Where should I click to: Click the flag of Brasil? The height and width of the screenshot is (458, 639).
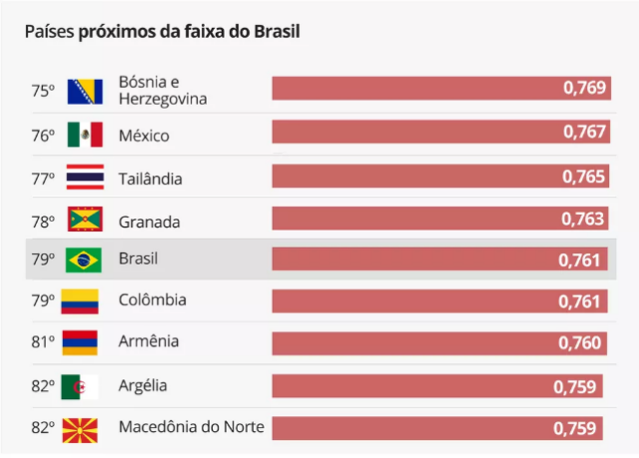click(83, 260)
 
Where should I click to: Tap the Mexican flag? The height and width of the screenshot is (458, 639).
click(85, 135)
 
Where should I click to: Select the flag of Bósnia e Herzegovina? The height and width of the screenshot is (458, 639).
click(85, 91)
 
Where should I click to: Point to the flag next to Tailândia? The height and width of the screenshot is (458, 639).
click(85, 178)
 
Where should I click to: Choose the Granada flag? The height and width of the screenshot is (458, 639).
click(85, 220)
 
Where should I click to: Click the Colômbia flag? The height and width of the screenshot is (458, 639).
click(80, 301)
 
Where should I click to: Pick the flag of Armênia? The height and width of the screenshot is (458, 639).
click(80, 342)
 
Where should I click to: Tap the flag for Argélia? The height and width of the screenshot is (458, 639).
click(80, 386)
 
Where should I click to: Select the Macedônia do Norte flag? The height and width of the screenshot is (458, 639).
click(80, 429)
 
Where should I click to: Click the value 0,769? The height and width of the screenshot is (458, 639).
click(584, 88)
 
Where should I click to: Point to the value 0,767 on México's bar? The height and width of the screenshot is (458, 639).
click(584, 132)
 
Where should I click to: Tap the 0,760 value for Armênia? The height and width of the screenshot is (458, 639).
click(580, 343)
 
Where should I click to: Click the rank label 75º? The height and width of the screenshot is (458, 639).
click(42, 91)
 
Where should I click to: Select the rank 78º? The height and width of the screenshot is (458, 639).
click(42, 221)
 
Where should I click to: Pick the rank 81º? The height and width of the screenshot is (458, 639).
click(42, 343)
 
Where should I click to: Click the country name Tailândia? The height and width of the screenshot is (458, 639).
click(150, 179)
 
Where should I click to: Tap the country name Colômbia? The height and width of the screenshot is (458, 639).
click(152, 300)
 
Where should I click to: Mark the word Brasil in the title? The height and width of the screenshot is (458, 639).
click(276, 31)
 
